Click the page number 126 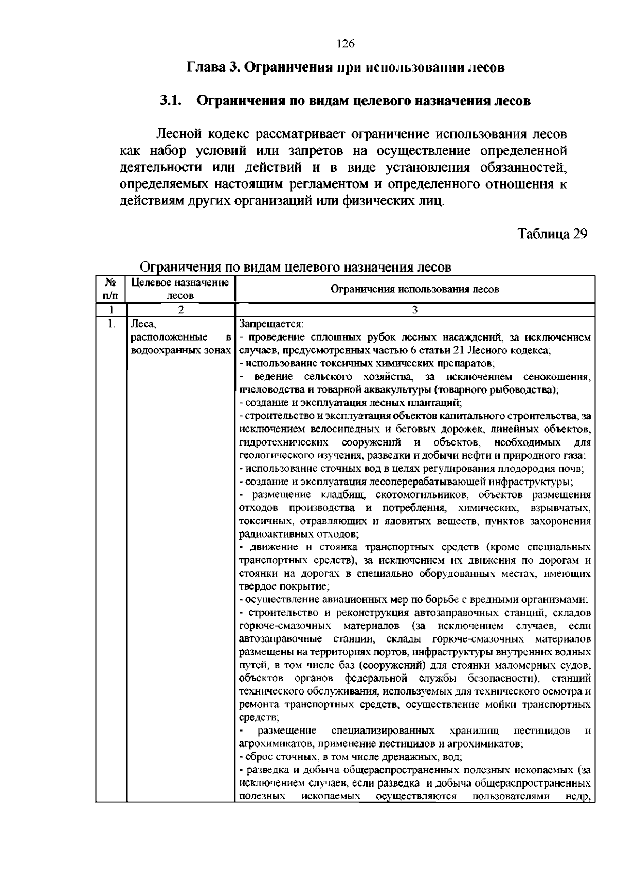point(346,44)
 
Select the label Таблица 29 point(552,234)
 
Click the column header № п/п point(111,289)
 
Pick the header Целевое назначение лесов point(180,289)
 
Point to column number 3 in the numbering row point(414,310)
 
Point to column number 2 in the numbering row point(180,310)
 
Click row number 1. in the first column point(110,324)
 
